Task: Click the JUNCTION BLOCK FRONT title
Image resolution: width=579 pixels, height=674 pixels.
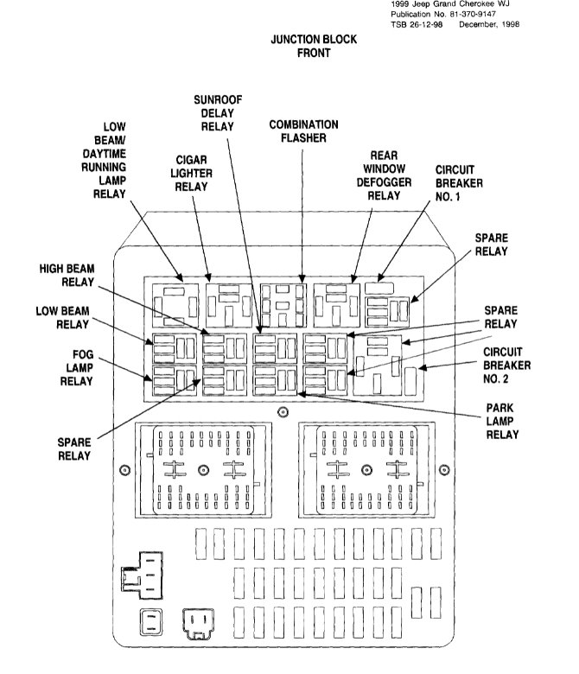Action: click(x=302, y=46)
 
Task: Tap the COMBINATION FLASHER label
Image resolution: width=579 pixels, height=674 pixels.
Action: click(x=302, y=131)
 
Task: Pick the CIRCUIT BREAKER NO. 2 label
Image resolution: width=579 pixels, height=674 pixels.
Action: click(x=506, y=365)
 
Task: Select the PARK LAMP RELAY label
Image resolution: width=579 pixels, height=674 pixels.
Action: click(x=502, y=420)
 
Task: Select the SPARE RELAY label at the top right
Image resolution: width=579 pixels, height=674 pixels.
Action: click(x=491, y=244)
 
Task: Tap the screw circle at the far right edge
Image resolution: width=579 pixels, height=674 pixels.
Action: click(x=446, y=470)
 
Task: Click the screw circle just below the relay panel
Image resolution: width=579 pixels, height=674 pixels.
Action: click(x=282, y=412)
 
